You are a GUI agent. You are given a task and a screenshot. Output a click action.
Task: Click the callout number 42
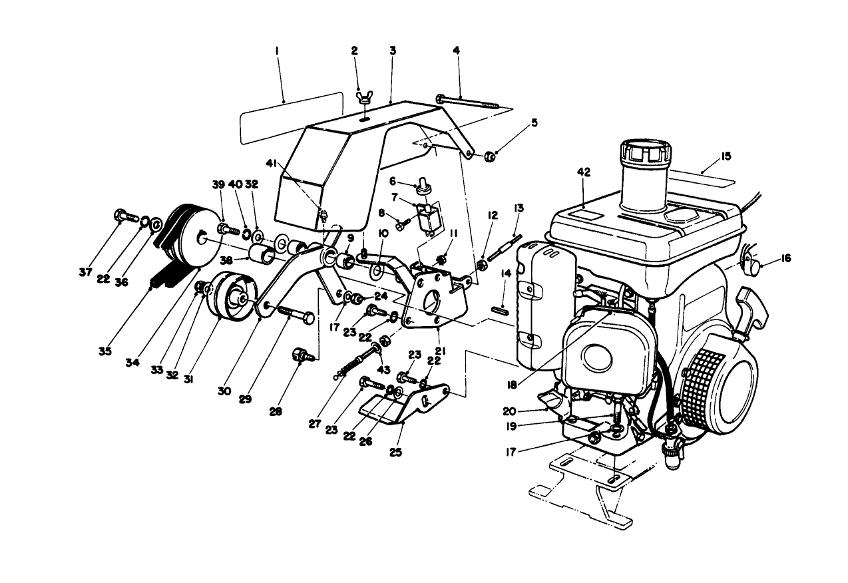click(584, 171)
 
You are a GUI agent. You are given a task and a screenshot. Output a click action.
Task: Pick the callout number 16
click(786, 258)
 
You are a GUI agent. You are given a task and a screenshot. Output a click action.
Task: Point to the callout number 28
click(276, 411)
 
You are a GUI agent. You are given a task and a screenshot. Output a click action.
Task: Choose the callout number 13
click(518, 208)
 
